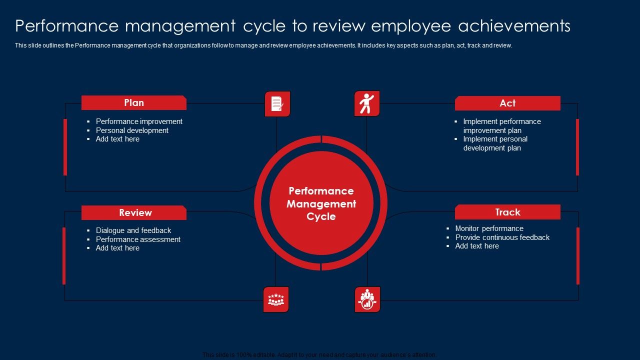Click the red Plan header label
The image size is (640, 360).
point(134,103)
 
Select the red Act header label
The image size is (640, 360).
point(507,103)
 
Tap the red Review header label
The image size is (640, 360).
point(135,213)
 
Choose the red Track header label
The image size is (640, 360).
point(507,212)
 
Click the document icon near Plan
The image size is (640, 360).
point(277,104)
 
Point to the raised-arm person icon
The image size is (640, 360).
point(367,103)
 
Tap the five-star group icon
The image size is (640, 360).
point(276,299)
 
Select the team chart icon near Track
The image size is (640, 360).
point(367,299)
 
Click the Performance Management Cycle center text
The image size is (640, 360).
point(321,204)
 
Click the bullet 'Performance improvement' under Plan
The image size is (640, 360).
point(139,121)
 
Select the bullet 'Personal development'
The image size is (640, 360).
point(132,130)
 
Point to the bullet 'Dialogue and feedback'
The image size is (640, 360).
point(133,230)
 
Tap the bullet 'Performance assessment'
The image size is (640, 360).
point(138,239)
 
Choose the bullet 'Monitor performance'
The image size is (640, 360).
point(489,228)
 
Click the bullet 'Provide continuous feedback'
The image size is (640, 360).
point(502,237)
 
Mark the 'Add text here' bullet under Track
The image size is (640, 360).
point(477,246)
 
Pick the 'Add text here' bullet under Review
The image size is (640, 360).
point(117,248)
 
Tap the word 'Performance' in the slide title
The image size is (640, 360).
point(67,26)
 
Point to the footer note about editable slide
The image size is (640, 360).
point(319,355)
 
